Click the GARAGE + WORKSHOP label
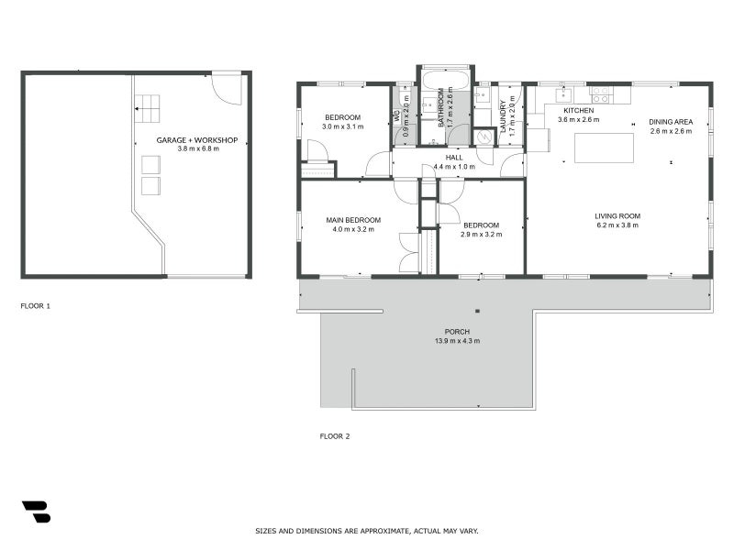pos(197,139)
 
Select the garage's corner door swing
pos(225,90)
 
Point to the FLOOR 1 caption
pos(36,305)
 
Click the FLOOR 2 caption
pos(334,436)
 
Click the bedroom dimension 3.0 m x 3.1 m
pos(342,126)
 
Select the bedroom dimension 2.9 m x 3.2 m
pos(481,234)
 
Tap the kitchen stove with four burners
pos(599,94)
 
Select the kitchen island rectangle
pos(604,148)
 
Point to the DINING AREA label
pos(671,122)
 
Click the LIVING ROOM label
pos(617,216)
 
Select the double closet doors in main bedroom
pos(409,252)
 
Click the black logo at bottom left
pos(36,511)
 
